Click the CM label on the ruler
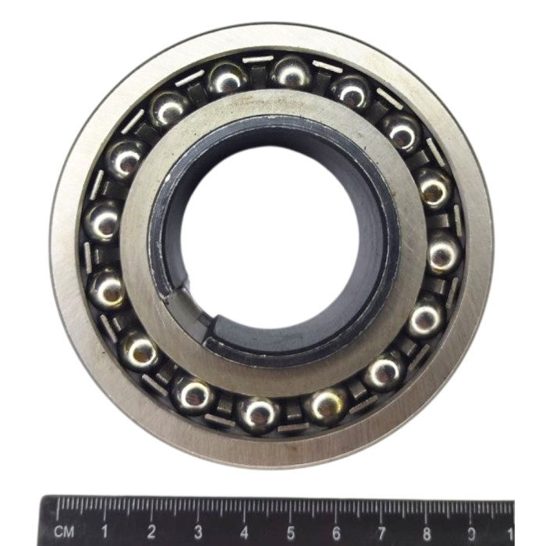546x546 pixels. [64, 531]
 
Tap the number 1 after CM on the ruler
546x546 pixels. [104, 531]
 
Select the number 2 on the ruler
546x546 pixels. [151, 531]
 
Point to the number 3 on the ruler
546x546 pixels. [198, 532]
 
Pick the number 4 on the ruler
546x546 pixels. [244, 532]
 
